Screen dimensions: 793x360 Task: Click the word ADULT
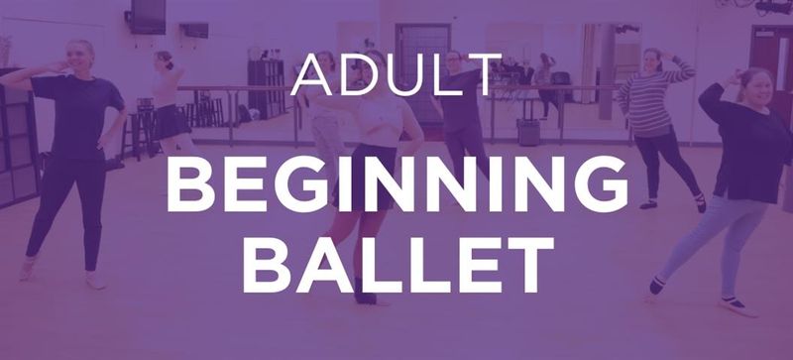(396, 74)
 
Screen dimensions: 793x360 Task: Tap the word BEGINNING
(397, 184)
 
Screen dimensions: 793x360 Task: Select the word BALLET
(398, 264)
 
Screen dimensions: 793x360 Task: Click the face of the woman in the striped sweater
(652, 61)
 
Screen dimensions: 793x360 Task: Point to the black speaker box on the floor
(528, 132)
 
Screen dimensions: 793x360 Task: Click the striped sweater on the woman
(652, 102)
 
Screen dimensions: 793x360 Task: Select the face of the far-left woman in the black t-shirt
(80, 57)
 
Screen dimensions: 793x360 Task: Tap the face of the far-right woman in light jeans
(756, 88)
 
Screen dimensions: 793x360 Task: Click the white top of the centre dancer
(381, 122)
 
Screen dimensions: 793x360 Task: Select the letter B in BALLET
(266, 265)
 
